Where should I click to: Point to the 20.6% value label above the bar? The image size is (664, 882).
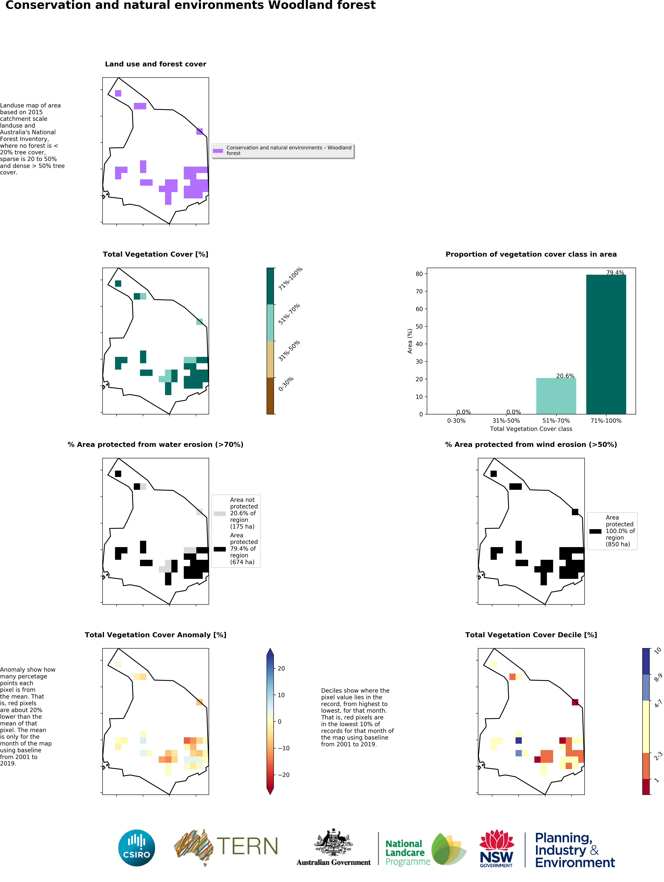pos(565,376)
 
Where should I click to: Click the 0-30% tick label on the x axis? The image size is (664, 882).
pos(456,421)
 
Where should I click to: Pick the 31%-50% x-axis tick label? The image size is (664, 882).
pos(506,421)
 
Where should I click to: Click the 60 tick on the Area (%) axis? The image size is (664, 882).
pos(419,309)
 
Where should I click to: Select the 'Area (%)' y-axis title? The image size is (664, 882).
pos(410,341)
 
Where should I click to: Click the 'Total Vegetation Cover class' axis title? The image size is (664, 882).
pos(531,429)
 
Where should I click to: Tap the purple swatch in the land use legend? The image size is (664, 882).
pos(218,151)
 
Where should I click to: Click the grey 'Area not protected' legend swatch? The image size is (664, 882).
pos(220,514)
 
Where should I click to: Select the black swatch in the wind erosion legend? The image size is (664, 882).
pos(595,531)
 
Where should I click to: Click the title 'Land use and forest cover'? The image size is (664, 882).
pos(155,64)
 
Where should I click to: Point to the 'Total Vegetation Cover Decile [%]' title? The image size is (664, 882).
pos(531,635)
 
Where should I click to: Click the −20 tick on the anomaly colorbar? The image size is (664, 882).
pos(284,775)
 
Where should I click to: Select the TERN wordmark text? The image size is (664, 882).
pos(247,847)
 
